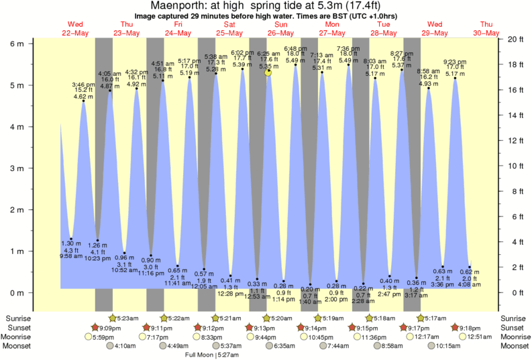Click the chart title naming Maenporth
pos(266,5)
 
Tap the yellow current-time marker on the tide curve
pos(268,72)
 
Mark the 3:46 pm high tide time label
pos(83,84)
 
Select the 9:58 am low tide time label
pos(70,256)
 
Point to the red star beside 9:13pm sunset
pos(252,327)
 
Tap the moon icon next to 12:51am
pos(462,337)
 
